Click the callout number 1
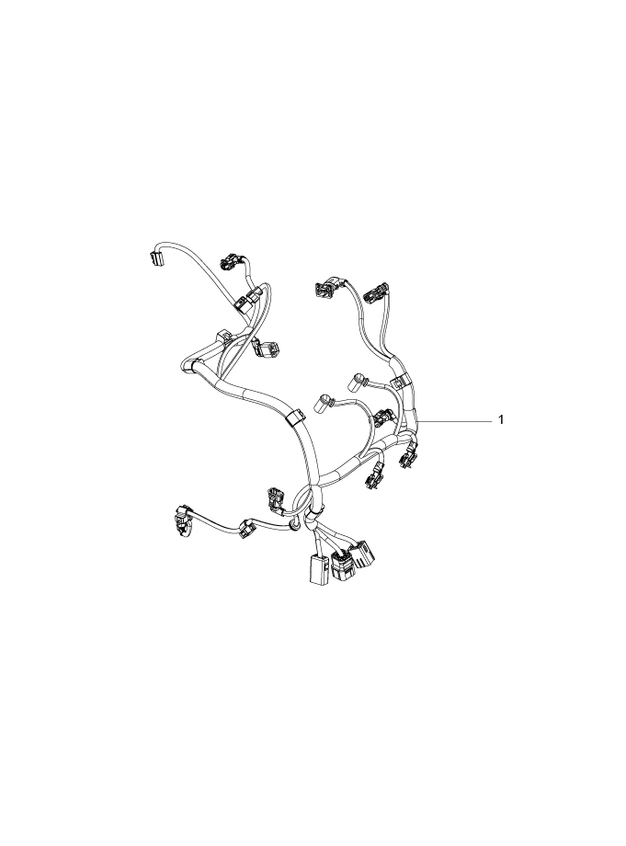[501, 420]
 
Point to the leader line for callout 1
[455, 420]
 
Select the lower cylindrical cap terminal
[324, 402]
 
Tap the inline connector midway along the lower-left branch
[248, 528]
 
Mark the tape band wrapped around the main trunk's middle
[296, 418]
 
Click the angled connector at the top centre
[327, 290]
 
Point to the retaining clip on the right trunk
[398, 381]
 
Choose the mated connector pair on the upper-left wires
[249, 300]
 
